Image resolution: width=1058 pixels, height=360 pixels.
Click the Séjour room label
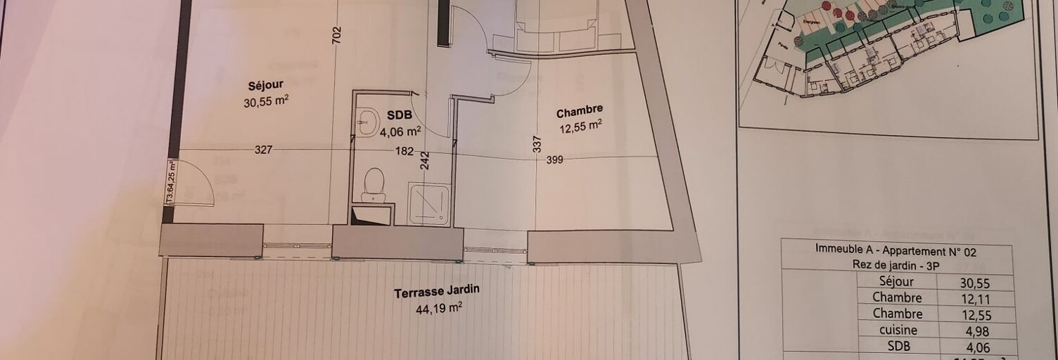(266, 86)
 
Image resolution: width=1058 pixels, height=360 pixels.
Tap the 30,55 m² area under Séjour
(266, 101)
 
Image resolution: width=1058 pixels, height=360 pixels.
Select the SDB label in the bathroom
(400, 116)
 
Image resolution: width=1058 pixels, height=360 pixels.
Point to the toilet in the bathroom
(374, 184)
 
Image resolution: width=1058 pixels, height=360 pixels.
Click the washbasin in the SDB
(367, 122)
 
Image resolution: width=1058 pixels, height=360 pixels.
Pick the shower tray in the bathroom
(428, 204)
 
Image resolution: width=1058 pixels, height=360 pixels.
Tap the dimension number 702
(336, 36)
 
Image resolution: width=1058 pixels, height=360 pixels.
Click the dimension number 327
(263, 149)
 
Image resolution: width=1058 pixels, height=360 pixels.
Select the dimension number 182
(404, 150)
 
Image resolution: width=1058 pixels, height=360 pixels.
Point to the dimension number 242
(424, 161)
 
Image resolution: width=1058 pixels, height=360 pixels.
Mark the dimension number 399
(554, 160)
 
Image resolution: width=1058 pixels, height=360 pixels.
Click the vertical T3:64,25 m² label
(170, 182)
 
